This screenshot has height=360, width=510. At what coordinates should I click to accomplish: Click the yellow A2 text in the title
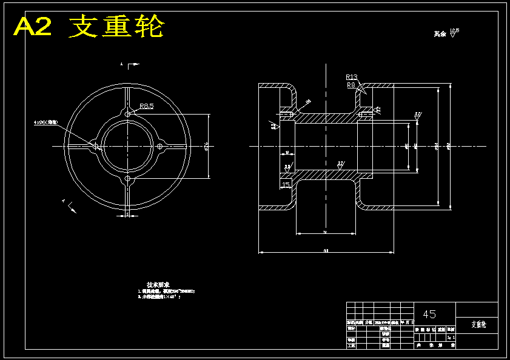pyautogui.click(x=34, y=27)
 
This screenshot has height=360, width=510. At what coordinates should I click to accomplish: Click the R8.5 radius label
pyautogui.click(x=147, y=106)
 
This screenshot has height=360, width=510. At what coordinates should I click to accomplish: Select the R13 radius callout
pyautogui.click(x=352, y=77)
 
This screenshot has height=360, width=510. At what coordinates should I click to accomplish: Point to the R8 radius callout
pyautogui.click(x=351, y=85)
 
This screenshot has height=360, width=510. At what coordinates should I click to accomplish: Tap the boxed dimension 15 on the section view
pyautogui.click(x=286, y=184)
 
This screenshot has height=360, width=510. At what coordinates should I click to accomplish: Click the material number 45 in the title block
pyautogui.click(x=429, y=314)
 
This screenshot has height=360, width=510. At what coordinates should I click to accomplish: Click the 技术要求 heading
pyautogui.click(x=158, y=284)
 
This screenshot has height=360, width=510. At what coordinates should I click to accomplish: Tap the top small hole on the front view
pyautogui.click(x=127, y=114)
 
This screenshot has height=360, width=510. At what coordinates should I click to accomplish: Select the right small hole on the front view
pyautogui.click(x=160, y=146)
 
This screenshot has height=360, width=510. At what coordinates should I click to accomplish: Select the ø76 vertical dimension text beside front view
pyautogui.click(x=207, y=146)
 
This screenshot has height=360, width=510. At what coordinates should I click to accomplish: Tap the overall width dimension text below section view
pyautogui.click(x=326, y=250)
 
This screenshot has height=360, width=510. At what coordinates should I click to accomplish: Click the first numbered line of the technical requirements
pyautogui.click(x=166, y=292)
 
